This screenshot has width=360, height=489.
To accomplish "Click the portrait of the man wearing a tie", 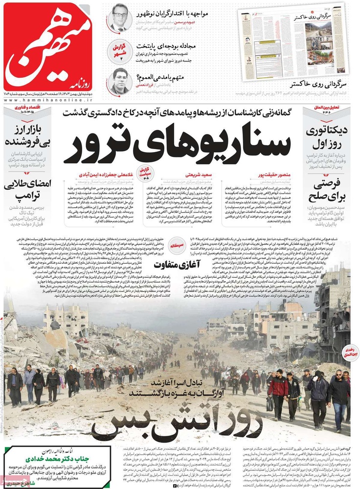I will [x=119, y=18].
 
